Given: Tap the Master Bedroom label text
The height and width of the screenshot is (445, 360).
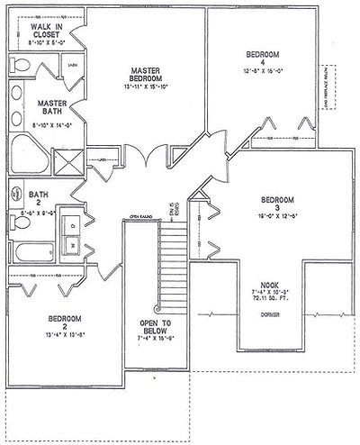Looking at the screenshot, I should point(144,74).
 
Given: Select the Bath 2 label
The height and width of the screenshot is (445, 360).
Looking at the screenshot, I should point(35,197).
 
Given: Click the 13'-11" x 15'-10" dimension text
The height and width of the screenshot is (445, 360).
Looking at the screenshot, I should point(144,88).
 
